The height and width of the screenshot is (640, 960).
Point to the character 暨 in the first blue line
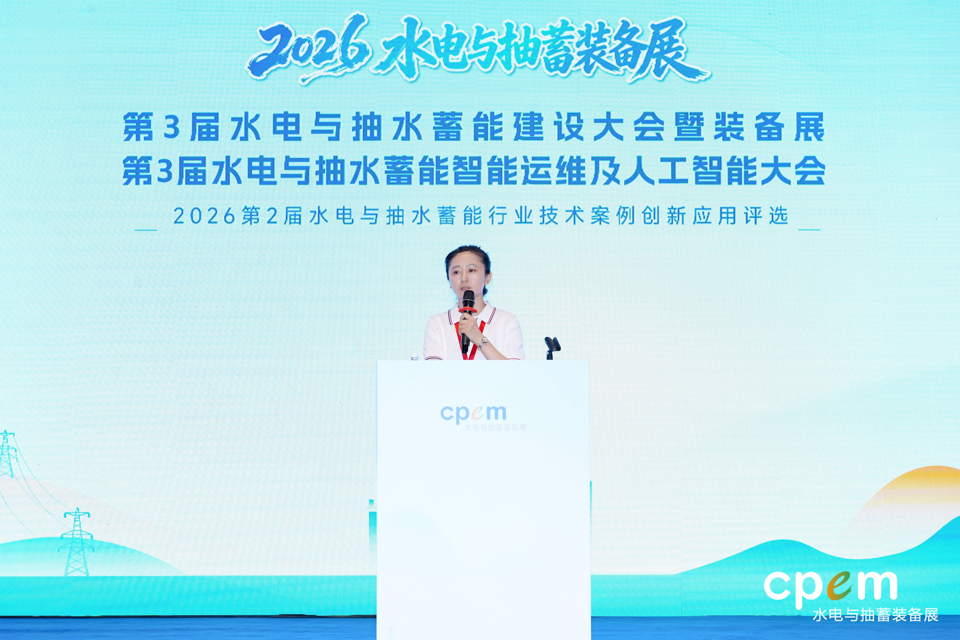pyautogui.click(x=690, y=127)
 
